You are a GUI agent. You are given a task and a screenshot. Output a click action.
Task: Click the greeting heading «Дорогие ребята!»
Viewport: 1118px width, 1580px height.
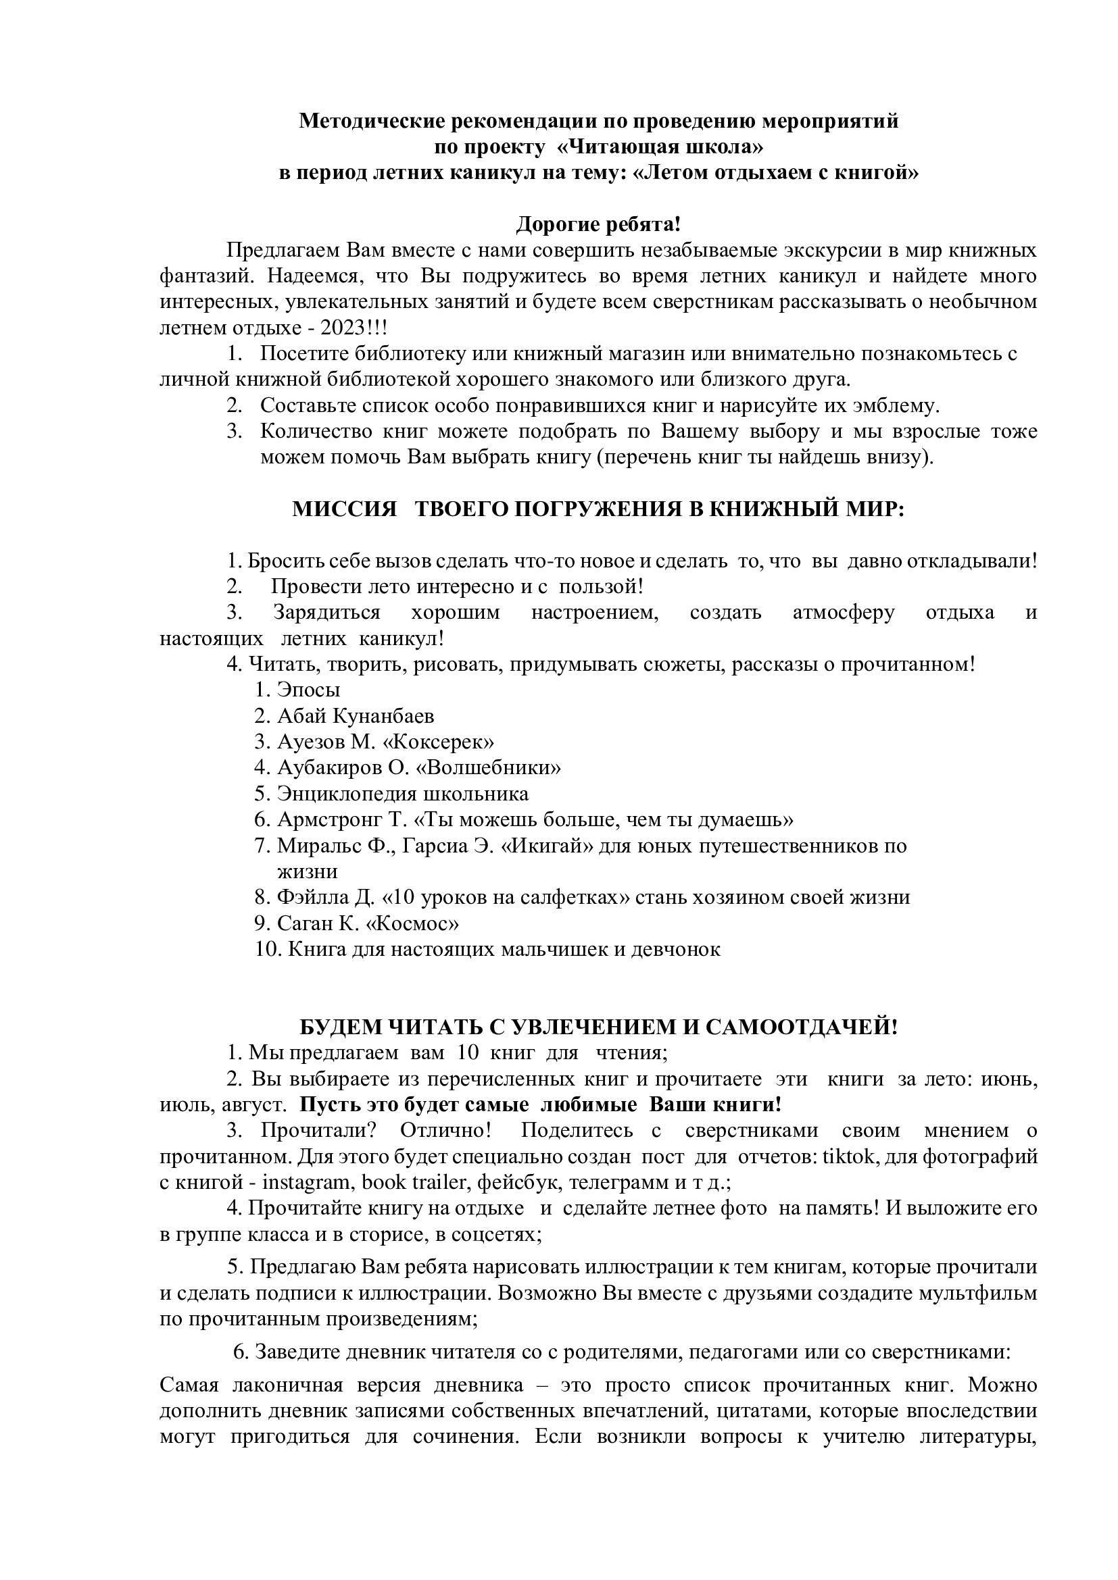point(598,224)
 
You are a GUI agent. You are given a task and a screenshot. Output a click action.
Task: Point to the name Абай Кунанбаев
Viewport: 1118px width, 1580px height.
point(356,716)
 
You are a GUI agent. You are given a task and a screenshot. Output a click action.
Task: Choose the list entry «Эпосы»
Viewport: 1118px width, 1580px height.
point(308,690)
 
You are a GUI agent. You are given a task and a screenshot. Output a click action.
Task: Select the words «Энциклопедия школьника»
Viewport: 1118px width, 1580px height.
point(403,794)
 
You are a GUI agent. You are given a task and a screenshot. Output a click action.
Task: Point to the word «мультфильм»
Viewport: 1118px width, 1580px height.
point(977,1293)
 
